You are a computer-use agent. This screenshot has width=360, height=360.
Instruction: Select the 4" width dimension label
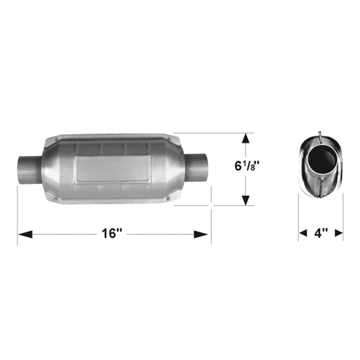[321, 233]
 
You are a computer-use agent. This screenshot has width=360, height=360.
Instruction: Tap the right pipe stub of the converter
[197, 165]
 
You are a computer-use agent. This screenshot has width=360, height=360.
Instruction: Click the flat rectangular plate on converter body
[113, 168]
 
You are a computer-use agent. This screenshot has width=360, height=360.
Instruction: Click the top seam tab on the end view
[320, 136]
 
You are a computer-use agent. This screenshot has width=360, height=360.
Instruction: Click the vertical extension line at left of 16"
[17, 216]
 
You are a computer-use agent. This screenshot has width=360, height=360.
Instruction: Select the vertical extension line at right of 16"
[211, 216]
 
